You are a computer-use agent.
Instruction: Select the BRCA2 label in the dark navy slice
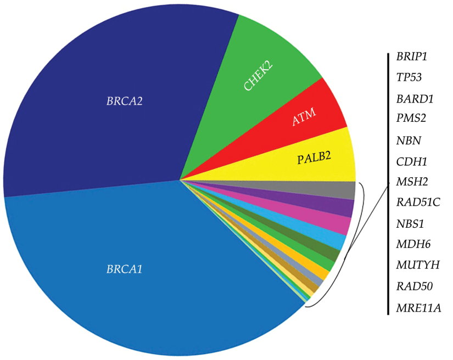click(125, 101)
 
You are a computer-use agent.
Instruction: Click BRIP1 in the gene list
click(412, 57)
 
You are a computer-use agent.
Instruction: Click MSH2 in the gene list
click(411, 182)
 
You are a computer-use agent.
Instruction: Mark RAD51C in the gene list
click(418, 203)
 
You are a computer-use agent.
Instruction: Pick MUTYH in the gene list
click(417, 265)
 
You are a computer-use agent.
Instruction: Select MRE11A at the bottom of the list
click(418, 307)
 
